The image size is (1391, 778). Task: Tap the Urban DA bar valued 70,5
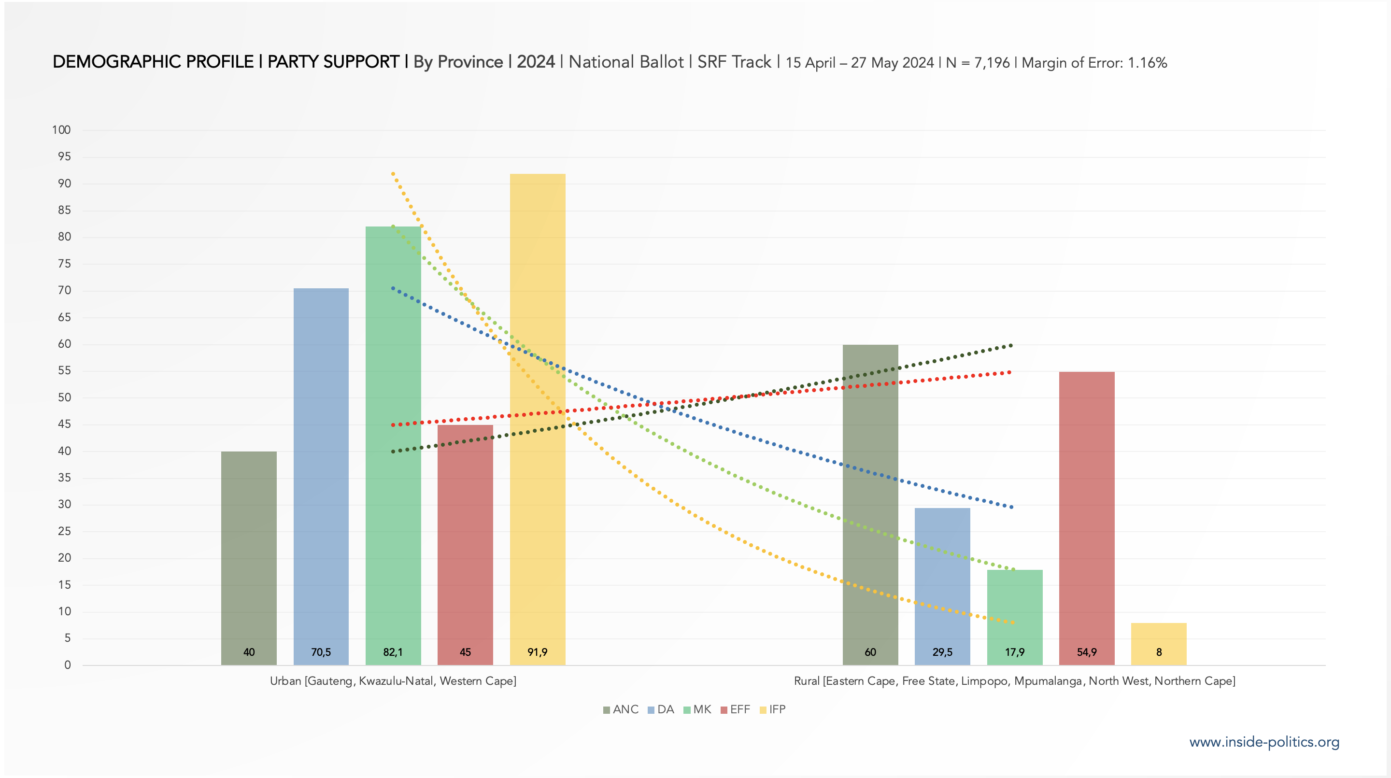[321, 475]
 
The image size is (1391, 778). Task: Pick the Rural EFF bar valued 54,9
[1086, 518]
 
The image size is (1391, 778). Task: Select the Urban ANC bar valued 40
[248, 556]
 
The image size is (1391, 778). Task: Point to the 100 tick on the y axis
[61, 129]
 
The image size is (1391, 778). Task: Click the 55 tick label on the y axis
[64, 370]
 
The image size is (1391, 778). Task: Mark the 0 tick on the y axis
[68, 665]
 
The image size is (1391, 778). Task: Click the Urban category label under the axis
[393, 681]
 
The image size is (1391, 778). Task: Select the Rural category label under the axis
[1014, 681]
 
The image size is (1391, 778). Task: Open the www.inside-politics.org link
[1264, 742]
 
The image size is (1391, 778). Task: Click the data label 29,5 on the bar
[942, 652]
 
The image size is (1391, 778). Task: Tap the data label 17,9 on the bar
[1014, 652]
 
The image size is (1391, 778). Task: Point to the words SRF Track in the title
[734, 62]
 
